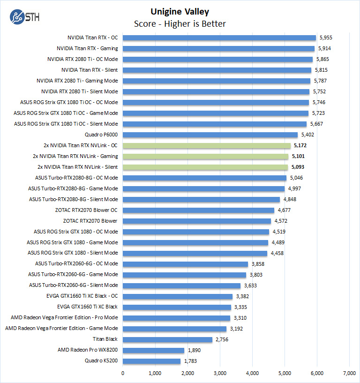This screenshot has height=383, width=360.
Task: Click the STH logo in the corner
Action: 23,18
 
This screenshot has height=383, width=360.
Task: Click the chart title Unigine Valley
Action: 180,12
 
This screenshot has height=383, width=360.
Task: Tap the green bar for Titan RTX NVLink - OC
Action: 206,146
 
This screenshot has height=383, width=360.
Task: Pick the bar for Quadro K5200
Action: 151,361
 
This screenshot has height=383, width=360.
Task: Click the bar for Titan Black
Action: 167,339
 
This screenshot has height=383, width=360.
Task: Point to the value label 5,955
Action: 327,38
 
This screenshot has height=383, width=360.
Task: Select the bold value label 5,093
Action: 299,167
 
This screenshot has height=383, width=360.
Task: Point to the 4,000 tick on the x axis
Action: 252,374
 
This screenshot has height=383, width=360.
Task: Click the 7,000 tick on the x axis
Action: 349,374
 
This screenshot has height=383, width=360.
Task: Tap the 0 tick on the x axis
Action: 123,374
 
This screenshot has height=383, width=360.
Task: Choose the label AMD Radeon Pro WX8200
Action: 88,350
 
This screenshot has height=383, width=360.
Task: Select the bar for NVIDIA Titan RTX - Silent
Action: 217,70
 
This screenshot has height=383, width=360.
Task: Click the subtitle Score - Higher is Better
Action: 180,23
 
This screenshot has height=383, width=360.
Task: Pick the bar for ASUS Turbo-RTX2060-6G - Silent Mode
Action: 181,285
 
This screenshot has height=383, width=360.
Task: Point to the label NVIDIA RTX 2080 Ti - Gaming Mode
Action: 77,81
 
